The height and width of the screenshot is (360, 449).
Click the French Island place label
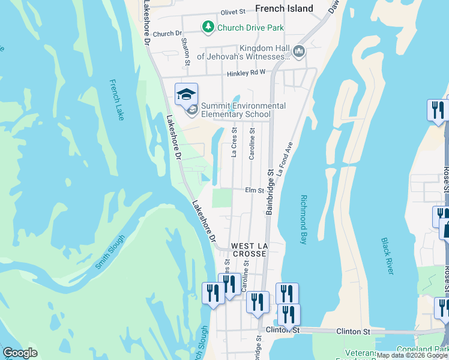(x=284, y=8)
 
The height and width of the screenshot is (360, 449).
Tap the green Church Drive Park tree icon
(x=208, y=27)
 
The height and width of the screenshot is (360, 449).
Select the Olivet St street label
(x=234, y=11)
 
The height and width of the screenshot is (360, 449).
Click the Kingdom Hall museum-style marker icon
(x=298, y=52)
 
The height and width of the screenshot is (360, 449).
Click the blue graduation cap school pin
(x=186, y=94)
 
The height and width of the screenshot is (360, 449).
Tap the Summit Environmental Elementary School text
(x=243, y=110)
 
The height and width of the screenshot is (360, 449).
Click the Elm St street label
(x=255, y=190)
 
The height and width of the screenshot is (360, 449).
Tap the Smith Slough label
(x=110, y=251)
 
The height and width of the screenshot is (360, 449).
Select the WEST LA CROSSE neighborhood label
(x=249, y=250)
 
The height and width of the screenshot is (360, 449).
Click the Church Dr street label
(x=167, y=34)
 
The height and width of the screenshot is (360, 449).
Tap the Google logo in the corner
(x=20, y=353)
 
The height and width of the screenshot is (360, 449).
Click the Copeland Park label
(x=429, y=349)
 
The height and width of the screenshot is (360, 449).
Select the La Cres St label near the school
(x=234, y=142)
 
